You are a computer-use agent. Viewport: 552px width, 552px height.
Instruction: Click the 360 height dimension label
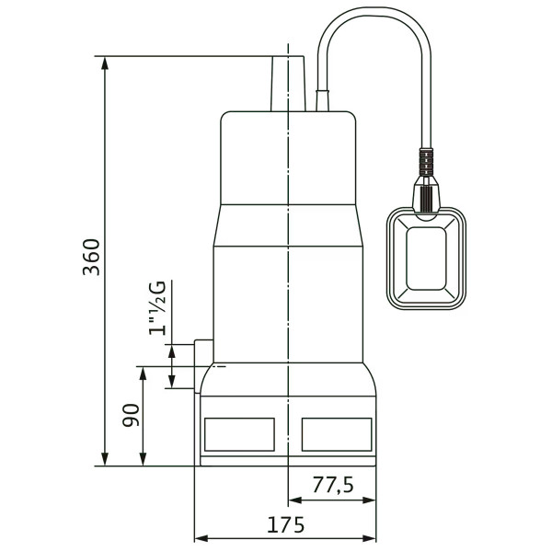[91, 257]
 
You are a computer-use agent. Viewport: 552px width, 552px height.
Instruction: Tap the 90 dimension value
[131, 415]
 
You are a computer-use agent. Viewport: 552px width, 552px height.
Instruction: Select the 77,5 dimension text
[333, 485]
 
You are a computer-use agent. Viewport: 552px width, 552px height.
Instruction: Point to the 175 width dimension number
[285, 525]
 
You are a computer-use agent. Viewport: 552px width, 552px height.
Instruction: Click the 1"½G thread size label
[157, 308]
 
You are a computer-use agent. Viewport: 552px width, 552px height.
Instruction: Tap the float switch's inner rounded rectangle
[426, 259]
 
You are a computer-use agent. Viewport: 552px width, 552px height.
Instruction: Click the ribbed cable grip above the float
[426, 161]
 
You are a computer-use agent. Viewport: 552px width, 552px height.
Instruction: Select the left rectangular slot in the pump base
[239, 434]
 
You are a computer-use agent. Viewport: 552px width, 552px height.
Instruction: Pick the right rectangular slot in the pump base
[337, 434]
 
